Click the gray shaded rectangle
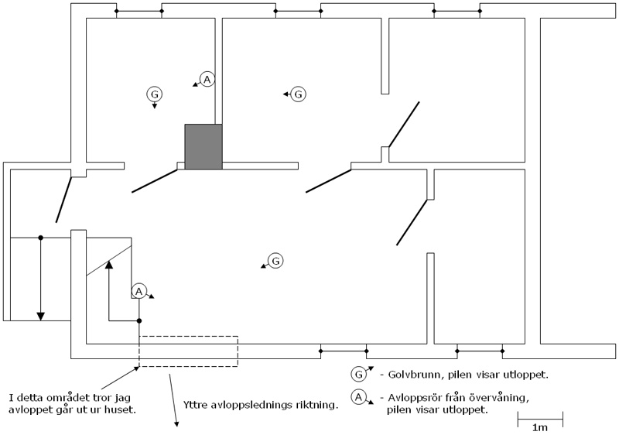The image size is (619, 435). tap(203, 147)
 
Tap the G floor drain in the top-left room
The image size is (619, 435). tap(154, 94)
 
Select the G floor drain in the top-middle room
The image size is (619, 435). tap(298, 94)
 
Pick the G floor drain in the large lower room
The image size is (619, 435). tap(275, 261)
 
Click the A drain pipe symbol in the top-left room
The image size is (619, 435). tap(207, 80)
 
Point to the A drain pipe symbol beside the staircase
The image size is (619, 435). tap(139, 291)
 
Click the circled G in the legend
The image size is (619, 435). tap(358, 374)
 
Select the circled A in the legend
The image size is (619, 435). tap(358, 397)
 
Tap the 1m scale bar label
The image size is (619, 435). tap(539, 427)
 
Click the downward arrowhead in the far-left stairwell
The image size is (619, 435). tap(41, 316)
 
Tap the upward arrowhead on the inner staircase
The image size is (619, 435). tap(109, 265)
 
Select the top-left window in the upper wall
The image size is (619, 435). tap(139, 11)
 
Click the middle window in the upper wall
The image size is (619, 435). tap(298, 11)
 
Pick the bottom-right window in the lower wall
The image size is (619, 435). tap(480, 351)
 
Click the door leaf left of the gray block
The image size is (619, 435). tap(154, 181)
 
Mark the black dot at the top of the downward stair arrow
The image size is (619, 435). tap(41, 238)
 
